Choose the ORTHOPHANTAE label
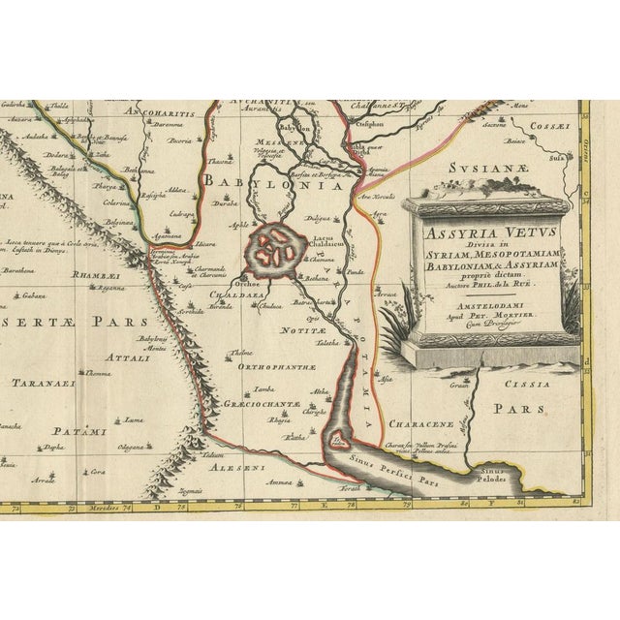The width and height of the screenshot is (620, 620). click(x=269, y=366)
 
